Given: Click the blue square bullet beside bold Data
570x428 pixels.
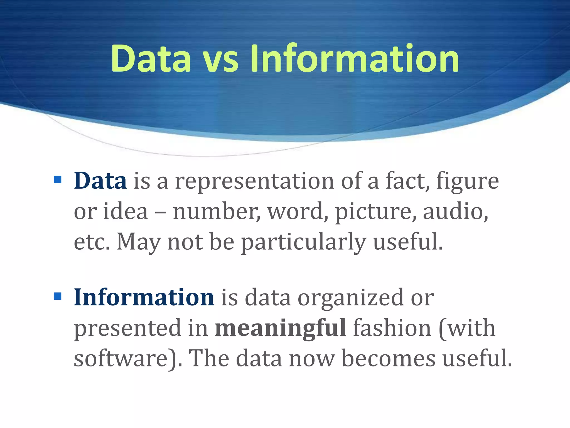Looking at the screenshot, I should click(58, 179).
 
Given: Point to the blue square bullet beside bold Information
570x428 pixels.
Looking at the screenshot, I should click(58, 296).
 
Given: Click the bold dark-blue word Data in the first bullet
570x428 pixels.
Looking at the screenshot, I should click(100, 181).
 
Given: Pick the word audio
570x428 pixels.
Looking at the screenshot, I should click(455, 211).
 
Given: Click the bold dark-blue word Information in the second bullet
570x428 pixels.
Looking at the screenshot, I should click(144, 297).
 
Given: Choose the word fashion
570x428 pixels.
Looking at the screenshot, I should click(392, 328).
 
